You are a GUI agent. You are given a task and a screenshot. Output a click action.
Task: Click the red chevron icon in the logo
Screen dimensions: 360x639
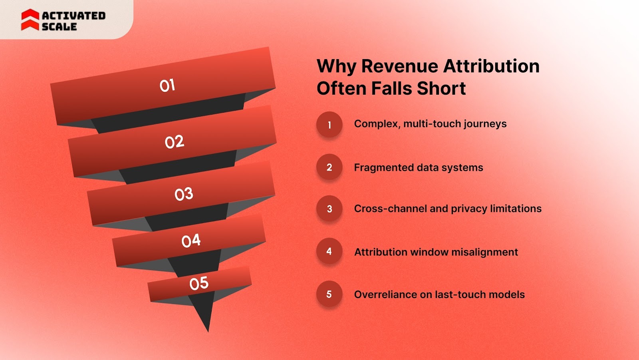[30, 20]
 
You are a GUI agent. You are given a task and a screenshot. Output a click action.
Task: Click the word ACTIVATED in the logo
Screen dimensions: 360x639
[73, 16]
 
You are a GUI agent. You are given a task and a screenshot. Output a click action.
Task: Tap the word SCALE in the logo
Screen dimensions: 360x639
[59, 27]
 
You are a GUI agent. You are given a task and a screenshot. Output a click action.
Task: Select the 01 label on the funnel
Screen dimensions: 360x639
[167, 86]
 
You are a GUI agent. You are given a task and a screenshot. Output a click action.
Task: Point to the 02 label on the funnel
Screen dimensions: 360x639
[175, 142]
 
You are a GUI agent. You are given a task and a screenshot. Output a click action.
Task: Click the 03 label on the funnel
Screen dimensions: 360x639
[184, 194]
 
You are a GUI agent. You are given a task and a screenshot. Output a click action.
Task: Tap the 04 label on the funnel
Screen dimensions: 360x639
[191, 241]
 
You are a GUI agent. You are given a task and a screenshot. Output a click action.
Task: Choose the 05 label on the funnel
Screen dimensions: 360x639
[199, 283]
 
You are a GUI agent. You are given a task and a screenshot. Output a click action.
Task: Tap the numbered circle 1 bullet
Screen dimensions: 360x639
[329, 125]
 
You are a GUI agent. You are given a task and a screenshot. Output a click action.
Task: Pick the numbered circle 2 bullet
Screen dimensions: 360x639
[329, 167]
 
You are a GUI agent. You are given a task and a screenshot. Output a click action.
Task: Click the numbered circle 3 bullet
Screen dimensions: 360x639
[329, 209]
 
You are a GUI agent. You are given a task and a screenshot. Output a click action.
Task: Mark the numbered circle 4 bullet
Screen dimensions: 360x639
[329, 251]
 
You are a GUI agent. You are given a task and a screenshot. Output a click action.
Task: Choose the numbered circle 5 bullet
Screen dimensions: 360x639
[329, 294]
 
